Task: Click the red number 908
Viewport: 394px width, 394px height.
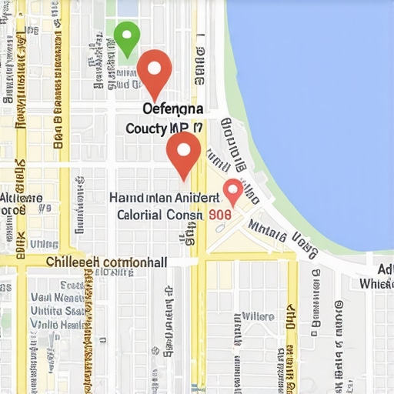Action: tap(219, 216)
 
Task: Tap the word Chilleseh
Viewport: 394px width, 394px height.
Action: tap(73, 262)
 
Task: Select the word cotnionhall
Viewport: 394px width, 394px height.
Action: tap(135, 262)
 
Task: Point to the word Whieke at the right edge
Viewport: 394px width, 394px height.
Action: tap(377, 283)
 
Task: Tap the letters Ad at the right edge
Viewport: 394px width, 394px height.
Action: tap(385, 269)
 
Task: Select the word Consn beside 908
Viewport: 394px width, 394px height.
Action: tap(186, 215)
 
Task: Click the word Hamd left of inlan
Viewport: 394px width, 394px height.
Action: tap(126, 197)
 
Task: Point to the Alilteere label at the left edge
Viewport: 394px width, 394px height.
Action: tap(21, 199)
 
